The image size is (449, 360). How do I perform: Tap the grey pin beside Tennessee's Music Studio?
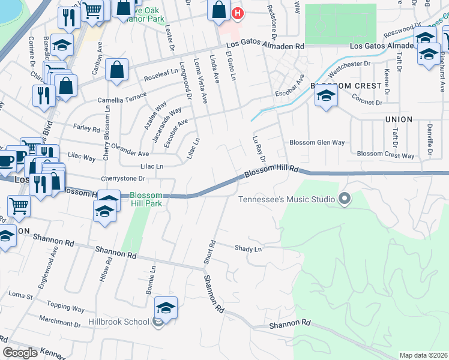click(x=344, y=199)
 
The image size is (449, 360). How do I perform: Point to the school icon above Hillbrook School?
click(x=166, y=308)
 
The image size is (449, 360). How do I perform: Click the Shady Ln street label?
click(x=249, y=248)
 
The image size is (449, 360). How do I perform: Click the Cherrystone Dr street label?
click(x=124, y=178)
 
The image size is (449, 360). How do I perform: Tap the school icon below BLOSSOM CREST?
click(x=326, y=96)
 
